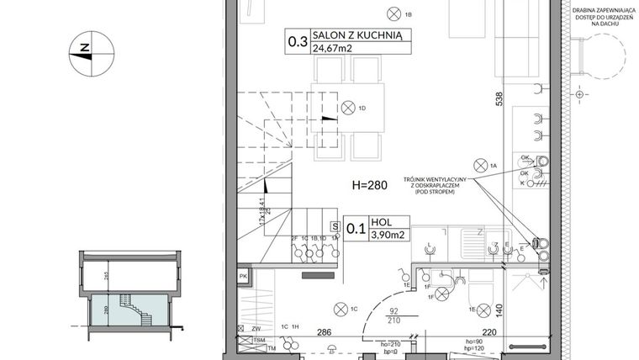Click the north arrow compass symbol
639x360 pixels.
[84, 51]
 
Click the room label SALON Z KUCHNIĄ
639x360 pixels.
[359, 35]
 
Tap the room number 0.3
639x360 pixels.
[297, 41]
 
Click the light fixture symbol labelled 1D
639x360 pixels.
[348, 107]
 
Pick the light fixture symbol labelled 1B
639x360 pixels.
[393, 12]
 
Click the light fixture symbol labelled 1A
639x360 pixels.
[481, 164]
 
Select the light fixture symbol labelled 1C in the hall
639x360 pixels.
[340, 308]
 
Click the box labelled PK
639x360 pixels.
[242, 276]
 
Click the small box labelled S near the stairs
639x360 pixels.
[335, 226]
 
